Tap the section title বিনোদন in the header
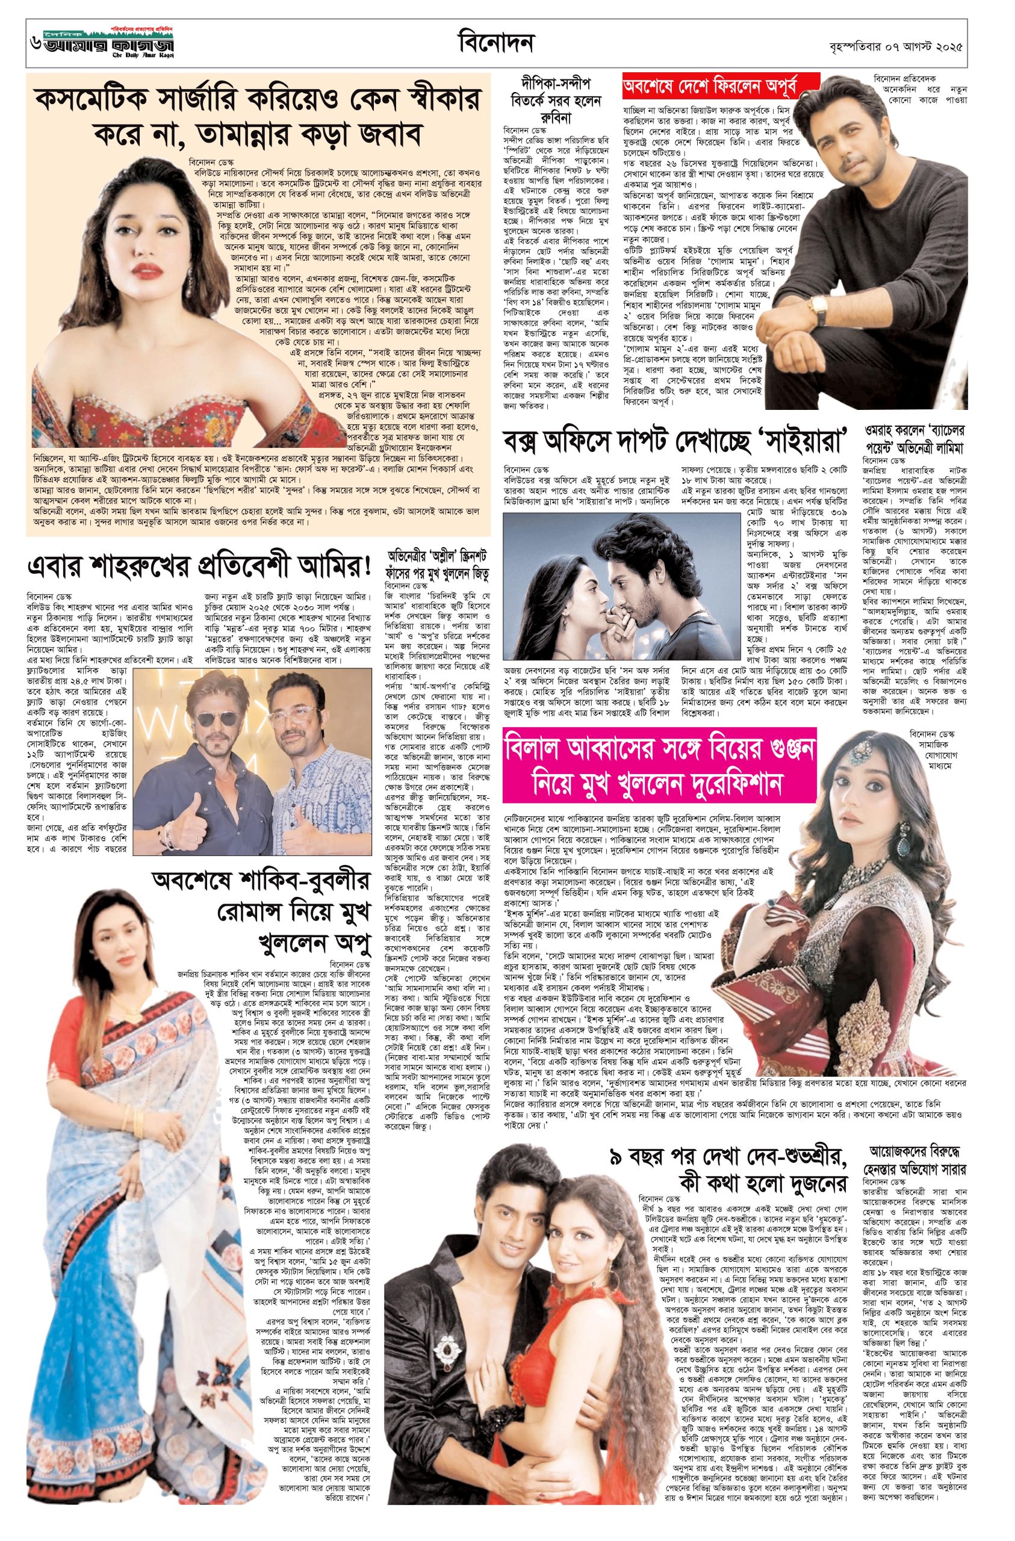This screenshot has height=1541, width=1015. coord(494,44)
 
